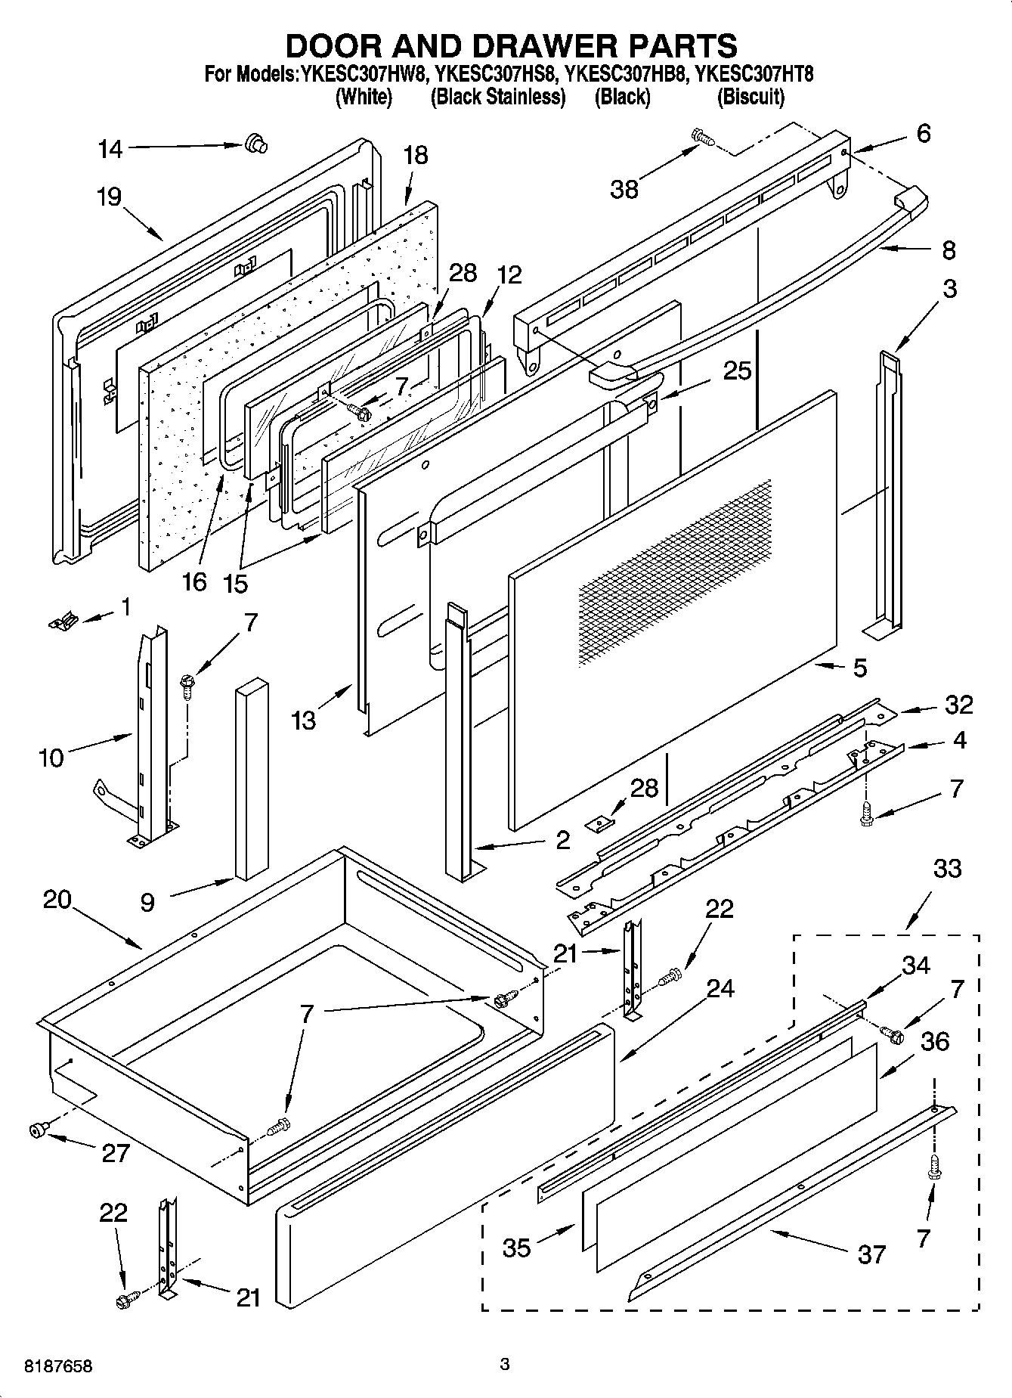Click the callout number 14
click(x=110, y=149)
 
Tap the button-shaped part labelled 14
click(x=255, y=143)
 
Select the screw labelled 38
click(x=702, y=138)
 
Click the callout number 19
click(x=109, y=197)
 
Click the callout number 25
click(x=737, y=370)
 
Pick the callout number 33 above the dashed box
click(x=947, y=869)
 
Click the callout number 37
click(x=871, y=1254)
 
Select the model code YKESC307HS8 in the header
click(x=497, y=75)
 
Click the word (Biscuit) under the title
click(x=750, y=97)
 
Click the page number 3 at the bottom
click(x=505, y=1364)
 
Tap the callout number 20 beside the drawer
click(x=57, y=900)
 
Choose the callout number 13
click(x=303, y=721)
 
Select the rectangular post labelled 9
click(x=252, y=779)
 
